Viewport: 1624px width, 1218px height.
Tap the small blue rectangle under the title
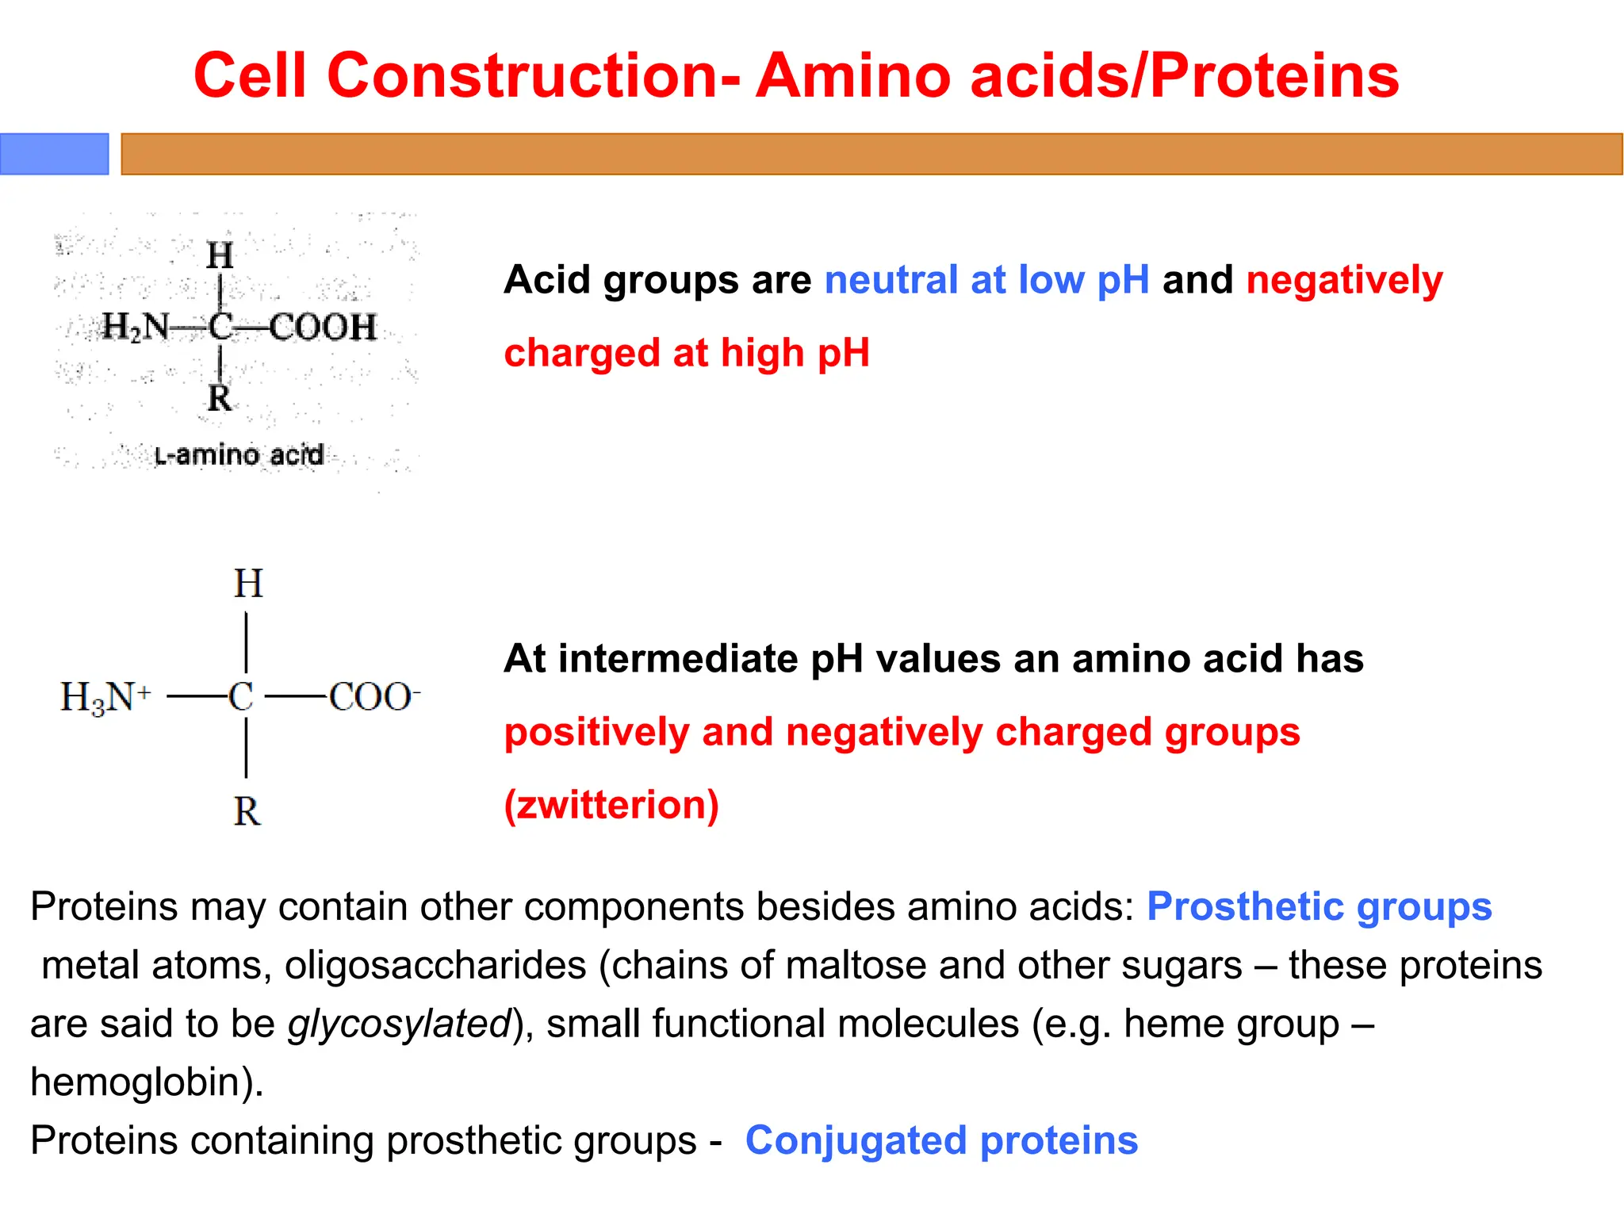coord(54,154)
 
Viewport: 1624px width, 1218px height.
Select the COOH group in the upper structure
coord(323,327)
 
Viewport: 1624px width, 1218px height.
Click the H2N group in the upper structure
coord(136,326)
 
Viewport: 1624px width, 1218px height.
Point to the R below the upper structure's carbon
coord(219,398)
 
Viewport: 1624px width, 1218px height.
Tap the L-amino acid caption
coord(239,455)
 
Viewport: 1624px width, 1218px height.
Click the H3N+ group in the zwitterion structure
coord(105,698)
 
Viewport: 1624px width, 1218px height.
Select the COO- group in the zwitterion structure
coord(373,698)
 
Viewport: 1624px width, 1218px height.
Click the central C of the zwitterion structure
coord(241,698)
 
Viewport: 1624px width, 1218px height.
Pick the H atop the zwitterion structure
coord(247,584)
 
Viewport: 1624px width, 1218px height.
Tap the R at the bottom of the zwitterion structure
coord(247,812)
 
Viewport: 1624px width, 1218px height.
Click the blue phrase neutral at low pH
coord(986,280)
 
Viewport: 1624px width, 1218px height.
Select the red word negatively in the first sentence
coord(1344,280)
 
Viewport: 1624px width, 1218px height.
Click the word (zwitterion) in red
coord(611,805)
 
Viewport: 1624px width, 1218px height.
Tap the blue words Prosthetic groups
coord(1319,906)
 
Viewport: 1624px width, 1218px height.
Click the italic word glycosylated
coord(400,1023)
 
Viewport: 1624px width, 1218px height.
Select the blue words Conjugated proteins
coord(941,1140)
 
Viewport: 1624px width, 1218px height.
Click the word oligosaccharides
coord(435,965)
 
